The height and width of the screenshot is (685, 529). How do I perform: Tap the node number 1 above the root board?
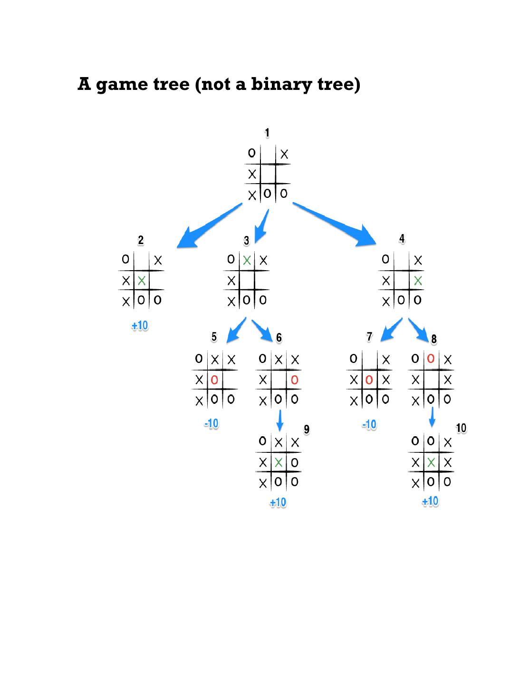pos(267,133)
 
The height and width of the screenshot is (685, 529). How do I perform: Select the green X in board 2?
pos(142,281)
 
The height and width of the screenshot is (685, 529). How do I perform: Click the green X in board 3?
pos(247,260)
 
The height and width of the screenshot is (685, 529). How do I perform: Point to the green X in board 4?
pos(418,281)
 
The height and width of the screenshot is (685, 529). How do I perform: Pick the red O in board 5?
pos(214,380)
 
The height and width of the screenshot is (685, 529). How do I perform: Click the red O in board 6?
pos(295,380)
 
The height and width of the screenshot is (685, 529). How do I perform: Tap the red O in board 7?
pos(369,380)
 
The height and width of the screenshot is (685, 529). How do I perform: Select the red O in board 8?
pos(431,359)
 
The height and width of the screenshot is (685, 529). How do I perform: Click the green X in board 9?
pos(279,462)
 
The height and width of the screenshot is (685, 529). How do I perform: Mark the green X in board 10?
pos(431,462)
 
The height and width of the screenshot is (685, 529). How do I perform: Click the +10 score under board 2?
pos(140,326)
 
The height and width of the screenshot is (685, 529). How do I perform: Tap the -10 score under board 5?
pos(211,423)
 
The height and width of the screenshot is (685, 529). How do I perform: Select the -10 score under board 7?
pos(369,424)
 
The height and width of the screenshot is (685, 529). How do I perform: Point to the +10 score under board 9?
pos(278,502)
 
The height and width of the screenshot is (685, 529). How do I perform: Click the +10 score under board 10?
pos(430,501)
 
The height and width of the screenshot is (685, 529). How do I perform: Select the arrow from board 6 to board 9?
pos(280,420)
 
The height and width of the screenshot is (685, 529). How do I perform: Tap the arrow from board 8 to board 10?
pos(432,417)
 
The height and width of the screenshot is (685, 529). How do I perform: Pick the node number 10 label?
pos(461,428)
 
